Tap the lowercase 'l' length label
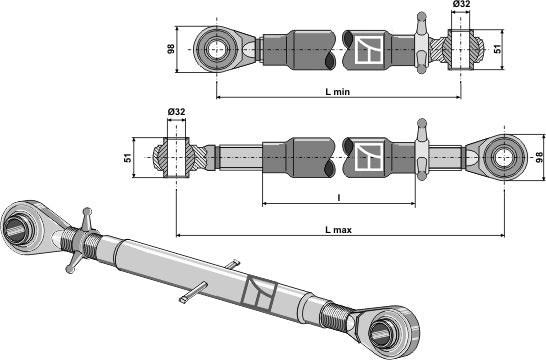coord(338,198)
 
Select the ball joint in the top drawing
coord(461,47)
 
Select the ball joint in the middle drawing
coord(176,156)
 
